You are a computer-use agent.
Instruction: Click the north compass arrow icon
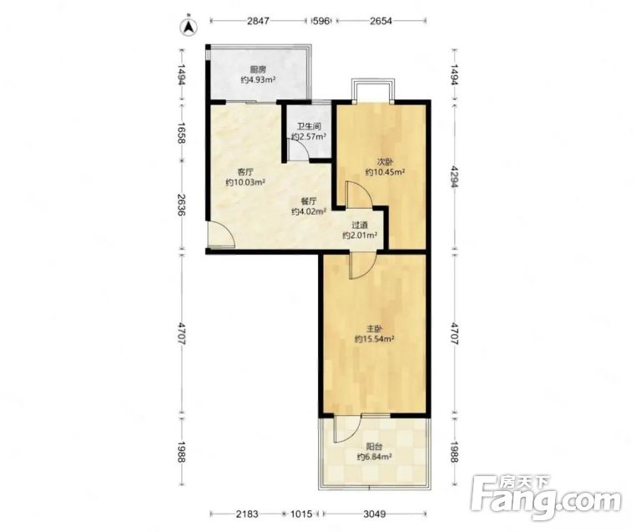(x=188, y=27)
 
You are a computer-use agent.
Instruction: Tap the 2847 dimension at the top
(x=258, y=21)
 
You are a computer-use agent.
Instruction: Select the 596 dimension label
(x=321, y=21)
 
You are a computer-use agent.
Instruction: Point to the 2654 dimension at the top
(x=381, y=21)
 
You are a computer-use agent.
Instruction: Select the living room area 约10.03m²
(x=245, y=182)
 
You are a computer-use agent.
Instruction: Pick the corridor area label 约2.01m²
(x=361, y=235)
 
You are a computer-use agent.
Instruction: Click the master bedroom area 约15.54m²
(x=375, y=339)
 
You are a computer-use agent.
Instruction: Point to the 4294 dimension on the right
(x=455, y=177)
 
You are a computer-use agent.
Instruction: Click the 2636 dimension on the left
(x=181, y=205)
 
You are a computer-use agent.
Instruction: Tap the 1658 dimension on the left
(x=181, y=133)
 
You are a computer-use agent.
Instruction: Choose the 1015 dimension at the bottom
(x=301, y=514)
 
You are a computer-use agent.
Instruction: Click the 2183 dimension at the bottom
(x=247, y=514)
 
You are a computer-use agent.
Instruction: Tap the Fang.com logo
(x=546, y=498)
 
